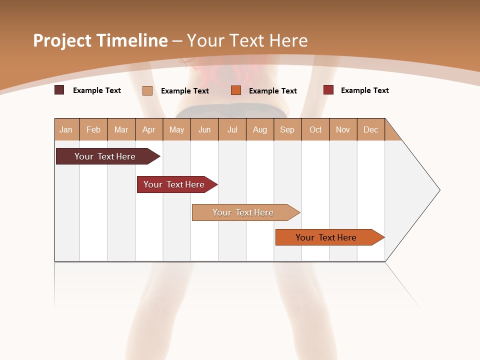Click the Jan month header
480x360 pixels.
[66, 129]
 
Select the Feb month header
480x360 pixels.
[93, 129]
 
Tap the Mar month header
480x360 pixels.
[121, 129]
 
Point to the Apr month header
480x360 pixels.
[148, 129]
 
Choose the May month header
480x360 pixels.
[176, 129]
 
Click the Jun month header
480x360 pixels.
[204, 129]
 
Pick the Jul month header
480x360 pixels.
[232, 129]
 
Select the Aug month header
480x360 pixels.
[259, 129]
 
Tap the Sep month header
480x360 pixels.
[287, 129]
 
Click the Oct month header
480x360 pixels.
[315, 129]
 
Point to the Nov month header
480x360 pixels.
[342, 129]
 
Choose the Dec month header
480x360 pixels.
[370, 129]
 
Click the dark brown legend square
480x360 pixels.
[59, 90]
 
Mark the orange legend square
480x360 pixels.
[236, 90]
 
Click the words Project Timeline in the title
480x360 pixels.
[100, 40]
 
